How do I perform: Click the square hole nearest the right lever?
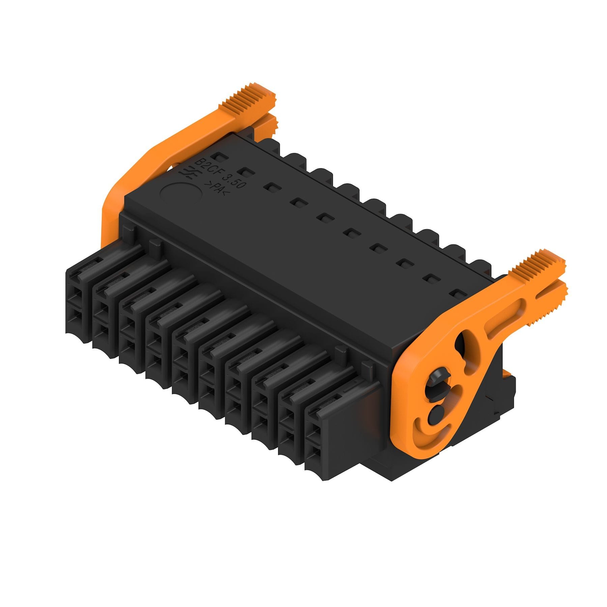458,294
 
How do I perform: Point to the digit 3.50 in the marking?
231,179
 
